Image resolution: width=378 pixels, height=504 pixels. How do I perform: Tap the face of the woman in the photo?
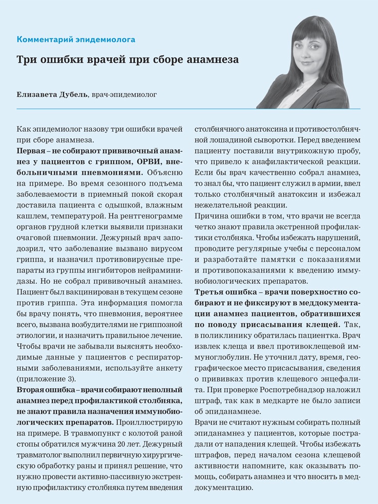(x=314, y=51)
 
